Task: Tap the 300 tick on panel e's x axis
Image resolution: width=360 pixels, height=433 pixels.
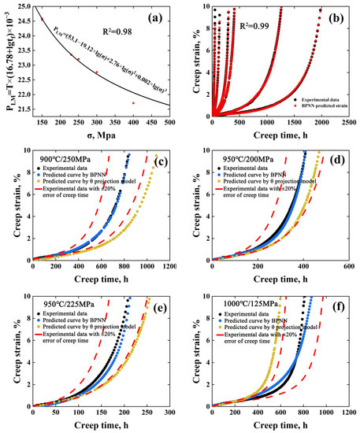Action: [x=168, y=412]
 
